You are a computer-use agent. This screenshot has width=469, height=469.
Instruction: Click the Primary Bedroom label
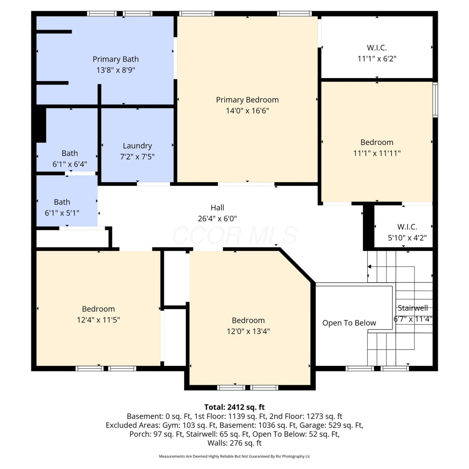[x=247, y=100]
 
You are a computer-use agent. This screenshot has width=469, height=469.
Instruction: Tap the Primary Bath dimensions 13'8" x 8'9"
[x=116, y=70]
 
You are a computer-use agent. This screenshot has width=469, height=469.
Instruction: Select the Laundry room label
[x=137, y=146]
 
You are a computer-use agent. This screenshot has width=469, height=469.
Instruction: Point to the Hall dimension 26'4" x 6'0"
[x=217, y=219]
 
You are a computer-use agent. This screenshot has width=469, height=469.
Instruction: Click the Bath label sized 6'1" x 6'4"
[x=70, y=153]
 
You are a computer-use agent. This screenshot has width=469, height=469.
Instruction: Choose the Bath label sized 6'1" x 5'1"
[x=62, y=202]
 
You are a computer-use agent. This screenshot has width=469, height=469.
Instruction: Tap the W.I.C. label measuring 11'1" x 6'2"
[x=377, y=48]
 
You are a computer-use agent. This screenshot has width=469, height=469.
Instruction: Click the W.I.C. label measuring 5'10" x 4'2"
[x=407, y=227]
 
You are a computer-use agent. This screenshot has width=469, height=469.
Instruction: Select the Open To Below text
[x=349, y=323]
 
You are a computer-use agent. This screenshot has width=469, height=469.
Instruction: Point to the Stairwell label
[x=413, y=308]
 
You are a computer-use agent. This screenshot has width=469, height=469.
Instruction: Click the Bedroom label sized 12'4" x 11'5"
[x=98, y=309]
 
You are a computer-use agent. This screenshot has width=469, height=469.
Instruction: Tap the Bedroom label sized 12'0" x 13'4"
[x=248, y=320]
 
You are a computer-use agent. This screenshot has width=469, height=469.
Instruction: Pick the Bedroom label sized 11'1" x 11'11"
[x=377, y=142]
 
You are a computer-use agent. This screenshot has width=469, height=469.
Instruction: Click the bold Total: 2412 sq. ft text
[x=234, y=407]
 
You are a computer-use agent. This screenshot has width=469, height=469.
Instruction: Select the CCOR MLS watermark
[x=234, y=235]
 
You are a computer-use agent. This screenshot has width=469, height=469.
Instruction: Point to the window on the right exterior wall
[x=435, y=100]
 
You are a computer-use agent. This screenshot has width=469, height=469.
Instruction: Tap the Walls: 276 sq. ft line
[x=234, y=443]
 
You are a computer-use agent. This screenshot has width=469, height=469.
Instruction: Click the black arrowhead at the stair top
[x=369, y=267]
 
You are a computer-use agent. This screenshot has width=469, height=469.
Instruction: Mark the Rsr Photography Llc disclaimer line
[x=234, y=456]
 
